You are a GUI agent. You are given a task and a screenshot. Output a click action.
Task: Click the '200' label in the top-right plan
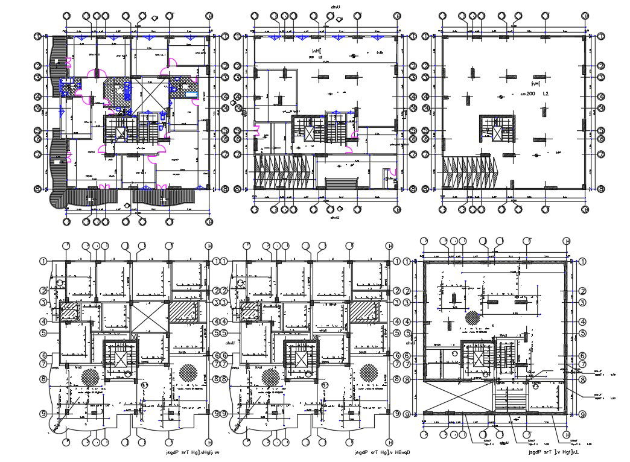point(531,95)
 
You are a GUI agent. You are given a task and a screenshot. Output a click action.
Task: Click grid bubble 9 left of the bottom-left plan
point(44,414)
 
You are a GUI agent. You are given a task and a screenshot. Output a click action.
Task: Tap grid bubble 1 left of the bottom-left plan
point(44,261)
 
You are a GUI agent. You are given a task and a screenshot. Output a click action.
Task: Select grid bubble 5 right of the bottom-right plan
point(582,332)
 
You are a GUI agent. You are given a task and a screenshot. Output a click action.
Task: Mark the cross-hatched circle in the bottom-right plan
point(472,317)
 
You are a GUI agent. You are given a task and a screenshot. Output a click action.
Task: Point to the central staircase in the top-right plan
point(494,129)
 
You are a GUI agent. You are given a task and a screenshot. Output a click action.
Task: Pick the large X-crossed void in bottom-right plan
point(457,399)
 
